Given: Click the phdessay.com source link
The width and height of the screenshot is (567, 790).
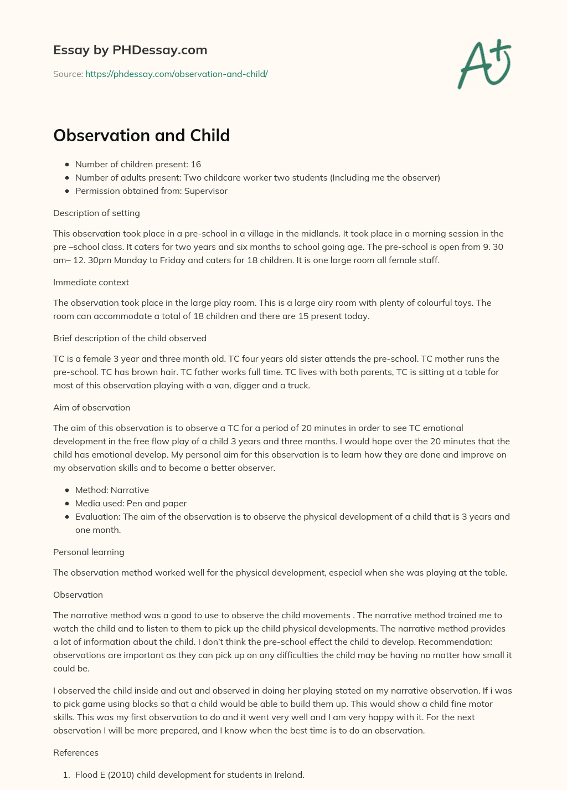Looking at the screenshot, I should pos(176,74).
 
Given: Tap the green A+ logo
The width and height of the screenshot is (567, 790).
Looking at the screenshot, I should pos(484,64).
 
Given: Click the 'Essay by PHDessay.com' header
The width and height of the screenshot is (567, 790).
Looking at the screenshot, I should pos(130,50).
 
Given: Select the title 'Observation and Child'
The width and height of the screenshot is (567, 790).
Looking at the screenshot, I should pos(141,135).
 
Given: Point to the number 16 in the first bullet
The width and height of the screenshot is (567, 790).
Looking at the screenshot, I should pos(195,164).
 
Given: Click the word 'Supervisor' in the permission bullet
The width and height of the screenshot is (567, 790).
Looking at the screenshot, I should pos(205,191).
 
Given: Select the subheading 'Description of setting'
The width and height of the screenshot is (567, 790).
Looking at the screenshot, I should pos(96,213).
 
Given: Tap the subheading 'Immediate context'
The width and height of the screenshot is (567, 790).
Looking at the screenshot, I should pos(91,282).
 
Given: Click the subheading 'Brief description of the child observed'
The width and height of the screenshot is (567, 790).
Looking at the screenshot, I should pos(130,338).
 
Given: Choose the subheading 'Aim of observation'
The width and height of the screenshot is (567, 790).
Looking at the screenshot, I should pos(91,407).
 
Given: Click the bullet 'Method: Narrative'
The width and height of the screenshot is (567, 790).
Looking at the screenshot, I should pos(112,490).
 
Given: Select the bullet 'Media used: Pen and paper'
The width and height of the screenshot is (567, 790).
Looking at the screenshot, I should pos(131,503).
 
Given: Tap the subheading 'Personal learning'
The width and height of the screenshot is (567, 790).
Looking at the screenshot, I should pos(89,552).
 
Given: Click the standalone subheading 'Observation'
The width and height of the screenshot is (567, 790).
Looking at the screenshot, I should pos(78,594).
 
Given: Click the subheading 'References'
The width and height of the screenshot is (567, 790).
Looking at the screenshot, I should pos(76,752).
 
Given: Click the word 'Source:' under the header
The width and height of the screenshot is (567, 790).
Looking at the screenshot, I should pos(68,74).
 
